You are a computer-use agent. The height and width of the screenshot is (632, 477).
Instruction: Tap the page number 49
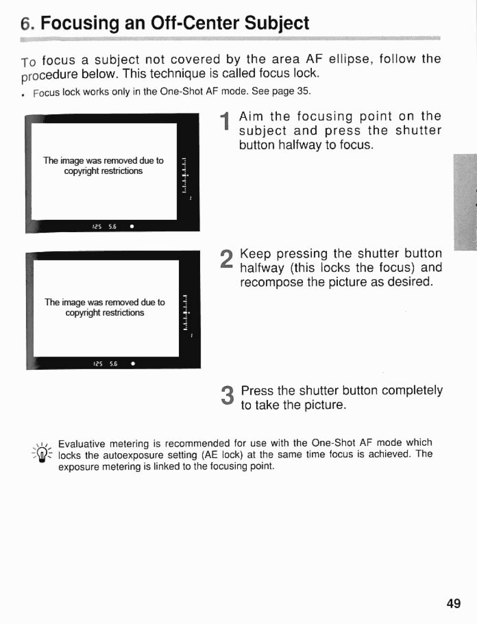(x=453, y=603)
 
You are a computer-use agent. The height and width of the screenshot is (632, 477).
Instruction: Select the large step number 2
(x=226, y=259)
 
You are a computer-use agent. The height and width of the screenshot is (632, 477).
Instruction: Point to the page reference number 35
(x=303, y=91)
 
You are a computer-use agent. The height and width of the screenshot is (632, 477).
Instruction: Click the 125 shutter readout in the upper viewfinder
(x=97, y=226)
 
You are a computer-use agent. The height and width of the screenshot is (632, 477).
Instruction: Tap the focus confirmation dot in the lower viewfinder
(x=132, y=364)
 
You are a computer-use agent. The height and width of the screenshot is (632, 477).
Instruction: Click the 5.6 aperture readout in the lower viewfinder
(x=114, y=364)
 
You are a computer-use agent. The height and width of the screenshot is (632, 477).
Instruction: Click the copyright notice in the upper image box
(x=103, y=166)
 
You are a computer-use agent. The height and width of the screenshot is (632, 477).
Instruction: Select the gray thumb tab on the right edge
(x=466, y=202)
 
